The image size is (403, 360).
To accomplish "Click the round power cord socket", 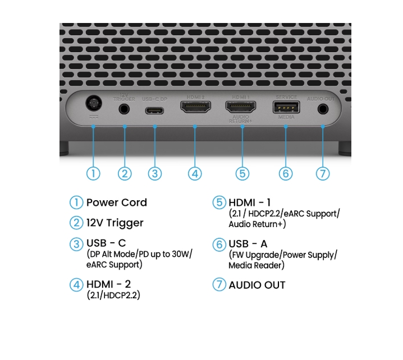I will [x=93, y=105].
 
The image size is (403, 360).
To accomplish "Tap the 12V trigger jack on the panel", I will [x=125, y=109].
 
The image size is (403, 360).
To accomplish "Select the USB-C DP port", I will [x=154, y=110].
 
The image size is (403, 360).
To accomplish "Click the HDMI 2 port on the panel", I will [x=195, y=107].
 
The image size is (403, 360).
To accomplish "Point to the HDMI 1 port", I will [x=241, y=107].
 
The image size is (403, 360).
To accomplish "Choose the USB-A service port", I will [x=286, y=107].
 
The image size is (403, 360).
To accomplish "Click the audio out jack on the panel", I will [x=323, y=109].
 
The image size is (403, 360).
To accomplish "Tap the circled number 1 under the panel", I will [x=93, y=173].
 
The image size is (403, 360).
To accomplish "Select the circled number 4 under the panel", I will [x=195, y=173].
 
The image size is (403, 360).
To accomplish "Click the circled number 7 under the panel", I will [x=322, y=173].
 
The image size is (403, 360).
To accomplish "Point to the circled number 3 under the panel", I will [x=155, y=173].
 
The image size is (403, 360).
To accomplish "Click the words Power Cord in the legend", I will [x=116, y=202].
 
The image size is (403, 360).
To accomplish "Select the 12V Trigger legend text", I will [x=115, y=223].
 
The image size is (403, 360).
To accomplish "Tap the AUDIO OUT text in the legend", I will [x=257, y=285].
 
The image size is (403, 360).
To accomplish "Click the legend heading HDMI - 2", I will [x=108, y=284].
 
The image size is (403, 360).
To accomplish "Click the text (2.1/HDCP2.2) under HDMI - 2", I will [x=113, y=295].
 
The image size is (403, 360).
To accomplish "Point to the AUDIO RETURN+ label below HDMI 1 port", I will [x=241, y=119].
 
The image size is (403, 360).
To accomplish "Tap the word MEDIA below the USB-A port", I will [x=286, y=117].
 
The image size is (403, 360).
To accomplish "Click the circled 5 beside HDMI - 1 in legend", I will [x=218, y=202].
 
